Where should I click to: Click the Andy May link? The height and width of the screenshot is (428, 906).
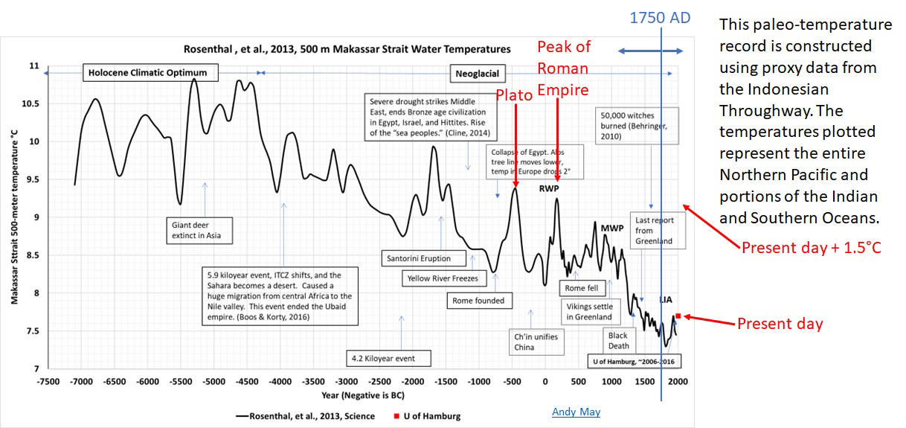point(576,412)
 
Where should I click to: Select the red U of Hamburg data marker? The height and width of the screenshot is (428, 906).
point(678,316)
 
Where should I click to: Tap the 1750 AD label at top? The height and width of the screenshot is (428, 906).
point(660,17)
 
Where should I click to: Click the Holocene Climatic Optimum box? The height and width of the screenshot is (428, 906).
point(153,73)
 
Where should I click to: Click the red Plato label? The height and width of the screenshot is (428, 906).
point(515,96)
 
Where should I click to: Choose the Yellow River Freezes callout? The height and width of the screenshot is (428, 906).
point(442,278)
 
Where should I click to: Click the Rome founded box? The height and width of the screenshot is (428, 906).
point(480,301)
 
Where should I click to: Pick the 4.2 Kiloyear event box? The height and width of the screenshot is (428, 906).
point(382,359)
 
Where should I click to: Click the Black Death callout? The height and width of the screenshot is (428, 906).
point(619,340)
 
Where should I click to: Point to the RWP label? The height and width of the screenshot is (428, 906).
point(550,188)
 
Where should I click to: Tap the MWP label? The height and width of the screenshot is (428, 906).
point(611,228)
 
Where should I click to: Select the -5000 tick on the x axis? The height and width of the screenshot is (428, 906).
point(213,383)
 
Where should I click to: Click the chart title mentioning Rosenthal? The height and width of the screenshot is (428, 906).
point(347,50)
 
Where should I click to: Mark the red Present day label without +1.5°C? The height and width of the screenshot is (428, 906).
point(780,324)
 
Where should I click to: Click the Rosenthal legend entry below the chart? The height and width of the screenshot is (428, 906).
point(312,415)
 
